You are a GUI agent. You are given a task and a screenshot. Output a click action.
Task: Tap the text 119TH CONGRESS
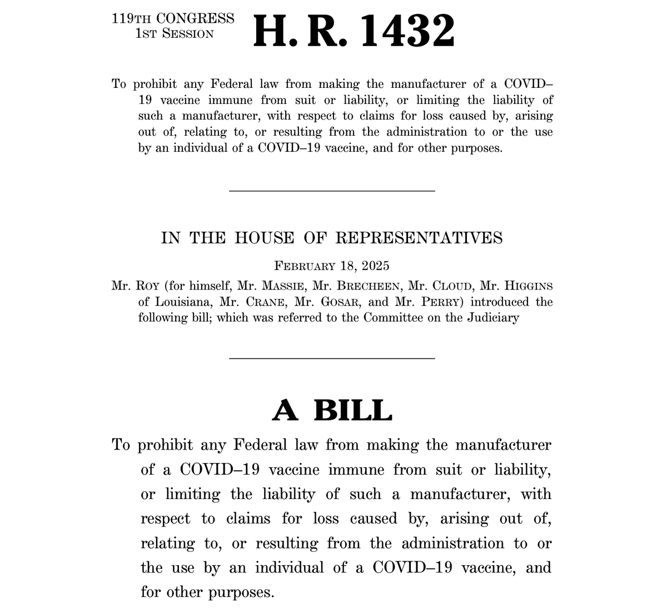[x=173, y=18]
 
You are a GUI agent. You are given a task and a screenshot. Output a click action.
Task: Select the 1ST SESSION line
[x=174, y=33]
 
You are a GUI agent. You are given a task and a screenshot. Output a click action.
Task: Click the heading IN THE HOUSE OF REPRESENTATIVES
[x=332, y=238]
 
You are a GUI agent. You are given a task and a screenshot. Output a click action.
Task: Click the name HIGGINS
[x=528, y=286]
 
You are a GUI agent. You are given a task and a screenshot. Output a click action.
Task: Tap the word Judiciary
[x=491, y=318]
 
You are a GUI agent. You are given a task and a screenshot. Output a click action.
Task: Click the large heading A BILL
[x=332, y=410]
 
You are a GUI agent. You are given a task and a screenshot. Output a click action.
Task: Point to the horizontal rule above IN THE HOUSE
[x=332, y=191]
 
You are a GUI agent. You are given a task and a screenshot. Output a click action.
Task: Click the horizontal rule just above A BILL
[x=332, y=358]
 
